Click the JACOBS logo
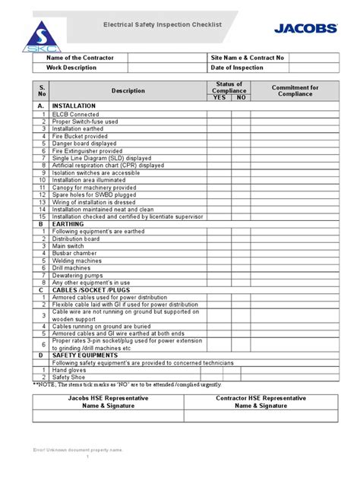click(x=305, y=28)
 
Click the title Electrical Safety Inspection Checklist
click(x=163, y=25)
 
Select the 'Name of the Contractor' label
click(x=79, y=58)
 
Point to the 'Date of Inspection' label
click(x=237, y=68)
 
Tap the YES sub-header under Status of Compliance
click(x=219, y=98)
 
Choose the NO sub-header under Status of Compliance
click(x=240, y=98)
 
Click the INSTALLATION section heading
click(x=74, y=106)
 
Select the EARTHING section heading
click(x=67, y=224)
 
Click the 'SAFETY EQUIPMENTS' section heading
click(x=84, y=355)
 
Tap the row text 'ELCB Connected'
click(x=75, y=114)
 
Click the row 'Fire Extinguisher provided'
click(x=87, y=150)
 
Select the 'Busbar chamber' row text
click(x=74, y=253)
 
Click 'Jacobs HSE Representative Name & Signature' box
click(x=107, y=402)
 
